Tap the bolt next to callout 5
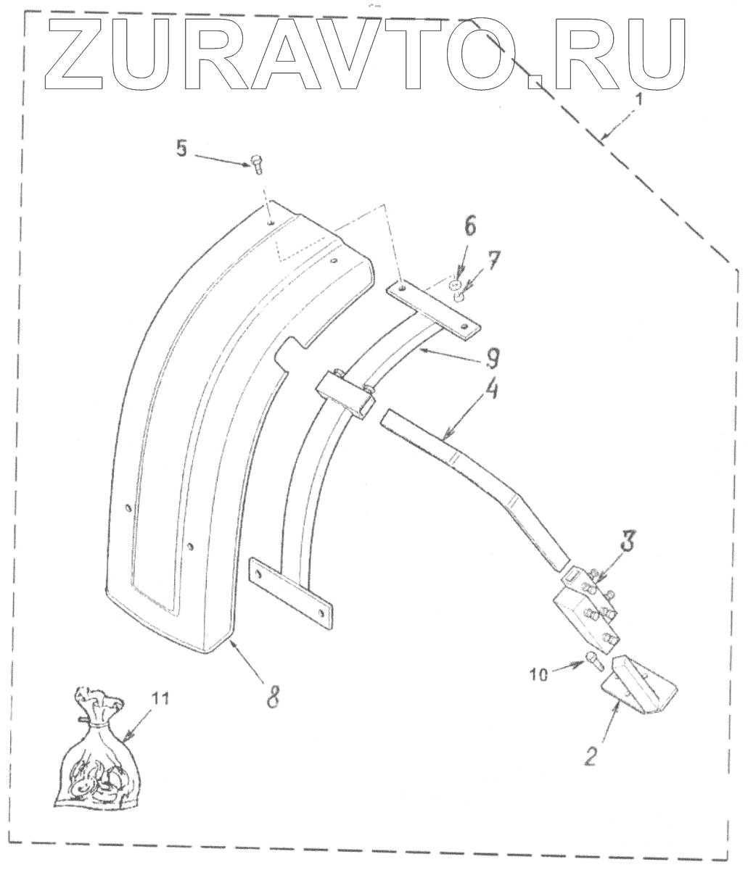(x=255, y=164)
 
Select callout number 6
(x=469, y=226)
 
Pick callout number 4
(x=491, y=395)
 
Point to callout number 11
(x=160, y=698)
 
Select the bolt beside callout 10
(x=592, y=661)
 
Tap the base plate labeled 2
(x=638, y=684)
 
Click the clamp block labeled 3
(x=586, y=606)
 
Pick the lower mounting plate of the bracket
(x=291, y=589)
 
